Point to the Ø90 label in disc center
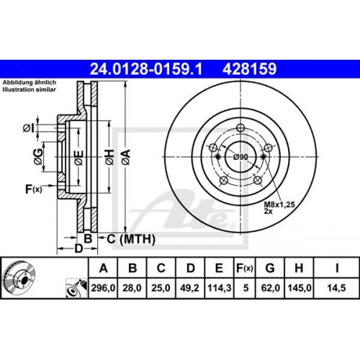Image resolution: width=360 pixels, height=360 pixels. (x=240, y=157)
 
